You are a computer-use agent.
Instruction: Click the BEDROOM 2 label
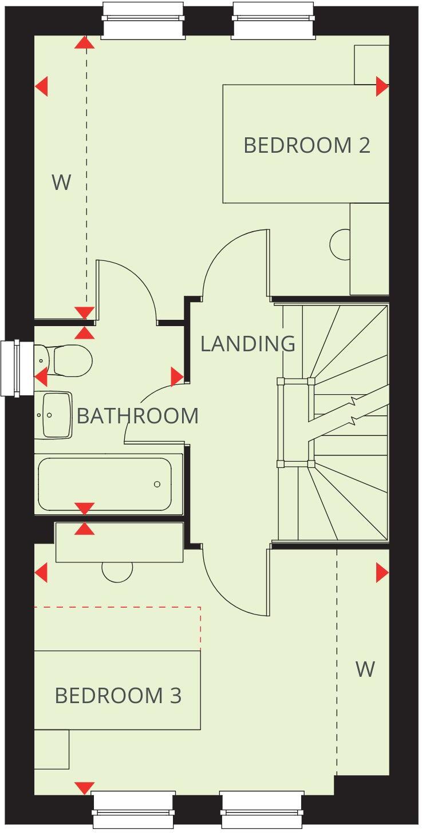tap(306, 145)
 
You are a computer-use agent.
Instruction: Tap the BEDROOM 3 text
tap(118, 696)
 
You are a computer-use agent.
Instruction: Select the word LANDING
tap(247, 344)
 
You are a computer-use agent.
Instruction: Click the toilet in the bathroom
tap(66, 360)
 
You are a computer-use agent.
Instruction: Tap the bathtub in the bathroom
tap(105, 483)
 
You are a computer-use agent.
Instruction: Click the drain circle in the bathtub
tap(157, 485)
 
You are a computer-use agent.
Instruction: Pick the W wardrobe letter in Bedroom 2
tap(61, 183)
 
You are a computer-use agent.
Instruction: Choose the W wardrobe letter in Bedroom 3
tap(365, 669)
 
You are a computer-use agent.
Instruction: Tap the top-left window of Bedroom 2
tap(143, 19)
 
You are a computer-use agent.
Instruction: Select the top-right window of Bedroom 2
tap(274, 19)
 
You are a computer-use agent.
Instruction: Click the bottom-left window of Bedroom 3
tap(134, 809)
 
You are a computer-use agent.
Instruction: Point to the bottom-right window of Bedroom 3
tap(262, 809)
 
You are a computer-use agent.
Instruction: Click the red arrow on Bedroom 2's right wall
tap(382, 87)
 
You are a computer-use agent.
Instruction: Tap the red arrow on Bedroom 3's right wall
tap(382, 573)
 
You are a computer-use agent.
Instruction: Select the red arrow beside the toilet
tap(41, 377)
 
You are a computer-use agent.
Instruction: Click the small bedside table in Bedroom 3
tap(52, 749)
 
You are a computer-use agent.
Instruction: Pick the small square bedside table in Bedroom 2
tap(371, 65)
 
